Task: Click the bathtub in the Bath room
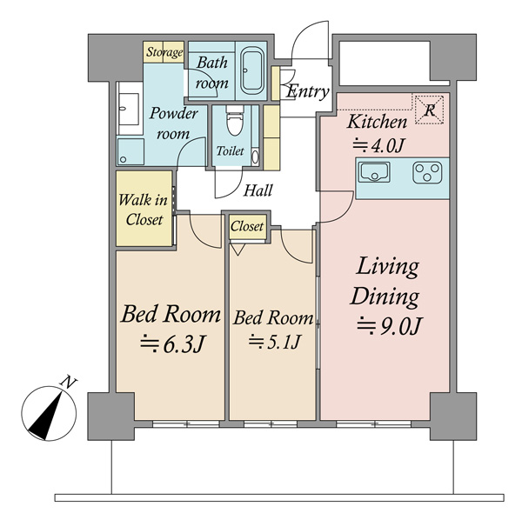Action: point(252,71)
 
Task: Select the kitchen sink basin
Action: point(374,172)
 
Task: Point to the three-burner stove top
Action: point(427,173)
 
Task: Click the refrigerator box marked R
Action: point(430,110)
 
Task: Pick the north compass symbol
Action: point(49,413)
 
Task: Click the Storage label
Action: point(164,52)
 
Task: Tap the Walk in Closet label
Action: point(144,210)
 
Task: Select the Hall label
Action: point(258,190)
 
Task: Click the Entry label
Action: point(308,91)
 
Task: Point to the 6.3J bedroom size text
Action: point(171,343)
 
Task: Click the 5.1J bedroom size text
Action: point(274,342)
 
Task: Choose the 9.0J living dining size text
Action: point(390,326)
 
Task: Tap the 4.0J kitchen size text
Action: point(378,145)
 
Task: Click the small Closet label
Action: point(247,227)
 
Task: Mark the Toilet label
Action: point(230,151)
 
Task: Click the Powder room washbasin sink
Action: point(129,109)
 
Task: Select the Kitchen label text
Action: point(377,122)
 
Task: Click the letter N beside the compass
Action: point(69,383)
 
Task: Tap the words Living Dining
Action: point(385,282)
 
